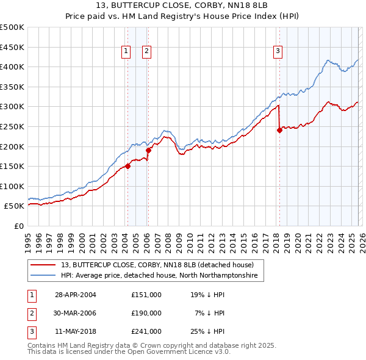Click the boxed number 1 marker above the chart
pyautogui.click(x=126, y=52)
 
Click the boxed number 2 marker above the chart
pyautogui.click(x=147, y=52)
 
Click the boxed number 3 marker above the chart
pyautogui.click(x=278, y=52)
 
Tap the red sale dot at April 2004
pyautogui.click(x=127, y=165)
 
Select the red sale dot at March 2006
pyautogui.click(x=148, y=149)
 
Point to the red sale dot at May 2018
pyautogui.click(x=279, y=129)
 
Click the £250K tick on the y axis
pyautogui.click(x=12, y=126)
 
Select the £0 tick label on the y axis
pyautogui.click(x=19, y=226)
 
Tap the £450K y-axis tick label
pyautogui.click(x=12, y=47)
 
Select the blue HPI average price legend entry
pyautogui.click(x=159, y=276)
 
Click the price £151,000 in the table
pyautogui.click(x=146, y=295)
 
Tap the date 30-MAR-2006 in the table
pyautogui.click(x=76, y=313)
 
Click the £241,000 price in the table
pyautogui.click(x=146, y=331)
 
